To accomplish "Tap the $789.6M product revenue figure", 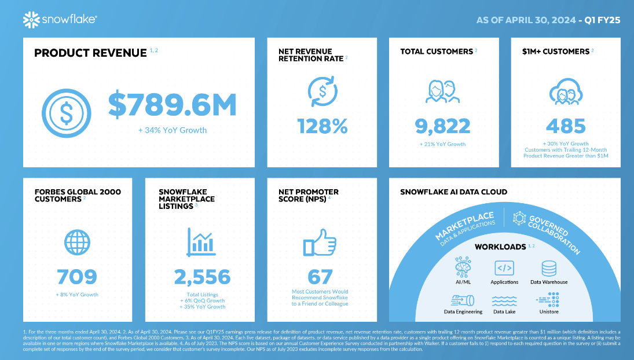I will coord(172,105).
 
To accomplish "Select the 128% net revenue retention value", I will coord(323,125).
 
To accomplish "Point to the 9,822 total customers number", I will coord(442,125).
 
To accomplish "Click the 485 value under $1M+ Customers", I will coord(565,126).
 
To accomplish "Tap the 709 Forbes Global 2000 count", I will coord(77,277).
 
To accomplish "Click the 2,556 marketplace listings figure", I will coord(202,278).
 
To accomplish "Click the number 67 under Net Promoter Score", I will coord(320,277).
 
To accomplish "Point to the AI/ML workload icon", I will coord(463,267).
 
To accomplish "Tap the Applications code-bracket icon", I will coord(504,268).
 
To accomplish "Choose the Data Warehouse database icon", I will coord(548,268).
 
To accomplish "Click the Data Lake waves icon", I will coord(504,300).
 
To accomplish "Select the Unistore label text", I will coord(548,311).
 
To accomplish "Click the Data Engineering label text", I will coord(463,311).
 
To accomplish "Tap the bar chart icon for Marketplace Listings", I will coord(201,241).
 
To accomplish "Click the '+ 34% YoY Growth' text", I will coord(172,130).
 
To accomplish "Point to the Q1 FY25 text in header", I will coord(602,20).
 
